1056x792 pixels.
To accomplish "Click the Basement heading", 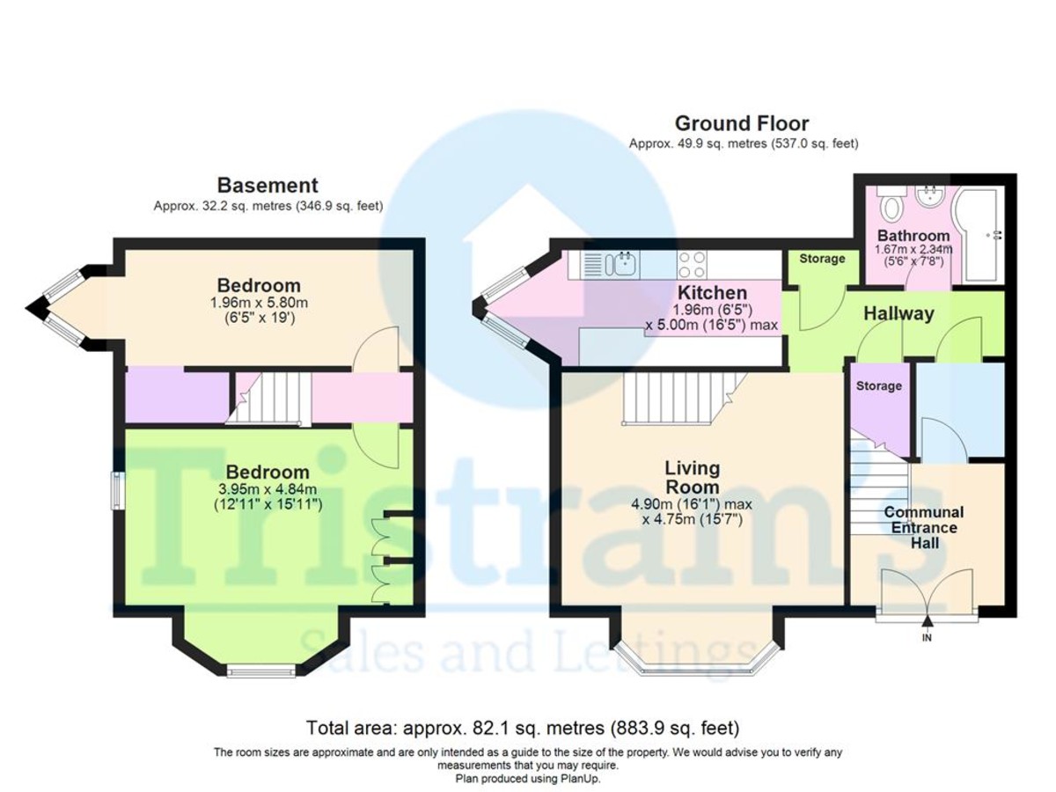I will click(268, 186).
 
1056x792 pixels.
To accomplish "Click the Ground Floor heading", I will click(741, 123).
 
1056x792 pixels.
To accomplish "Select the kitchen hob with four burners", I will click(690, 263).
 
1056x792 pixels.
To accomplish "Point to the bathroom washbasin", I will click(928, 197).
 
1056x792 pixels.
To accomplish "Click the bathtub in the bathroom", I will click(980, 233).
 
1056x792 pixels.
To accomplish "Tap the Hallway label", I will click(898, 313).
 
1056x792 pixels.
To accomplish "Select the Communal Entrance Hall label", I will click(923, 527).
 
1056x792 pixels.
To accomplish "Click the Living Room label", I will click(692, 477).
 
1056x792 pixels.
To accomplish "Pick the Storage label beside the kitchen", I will click(822, 259).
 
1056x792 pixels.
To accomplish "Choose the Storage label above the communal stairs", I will click(878, 386).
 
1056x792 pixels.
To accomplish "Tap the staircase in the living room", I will click(678, 397).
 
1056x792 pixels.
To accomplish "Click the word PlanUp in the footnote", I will click(579, 779).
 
